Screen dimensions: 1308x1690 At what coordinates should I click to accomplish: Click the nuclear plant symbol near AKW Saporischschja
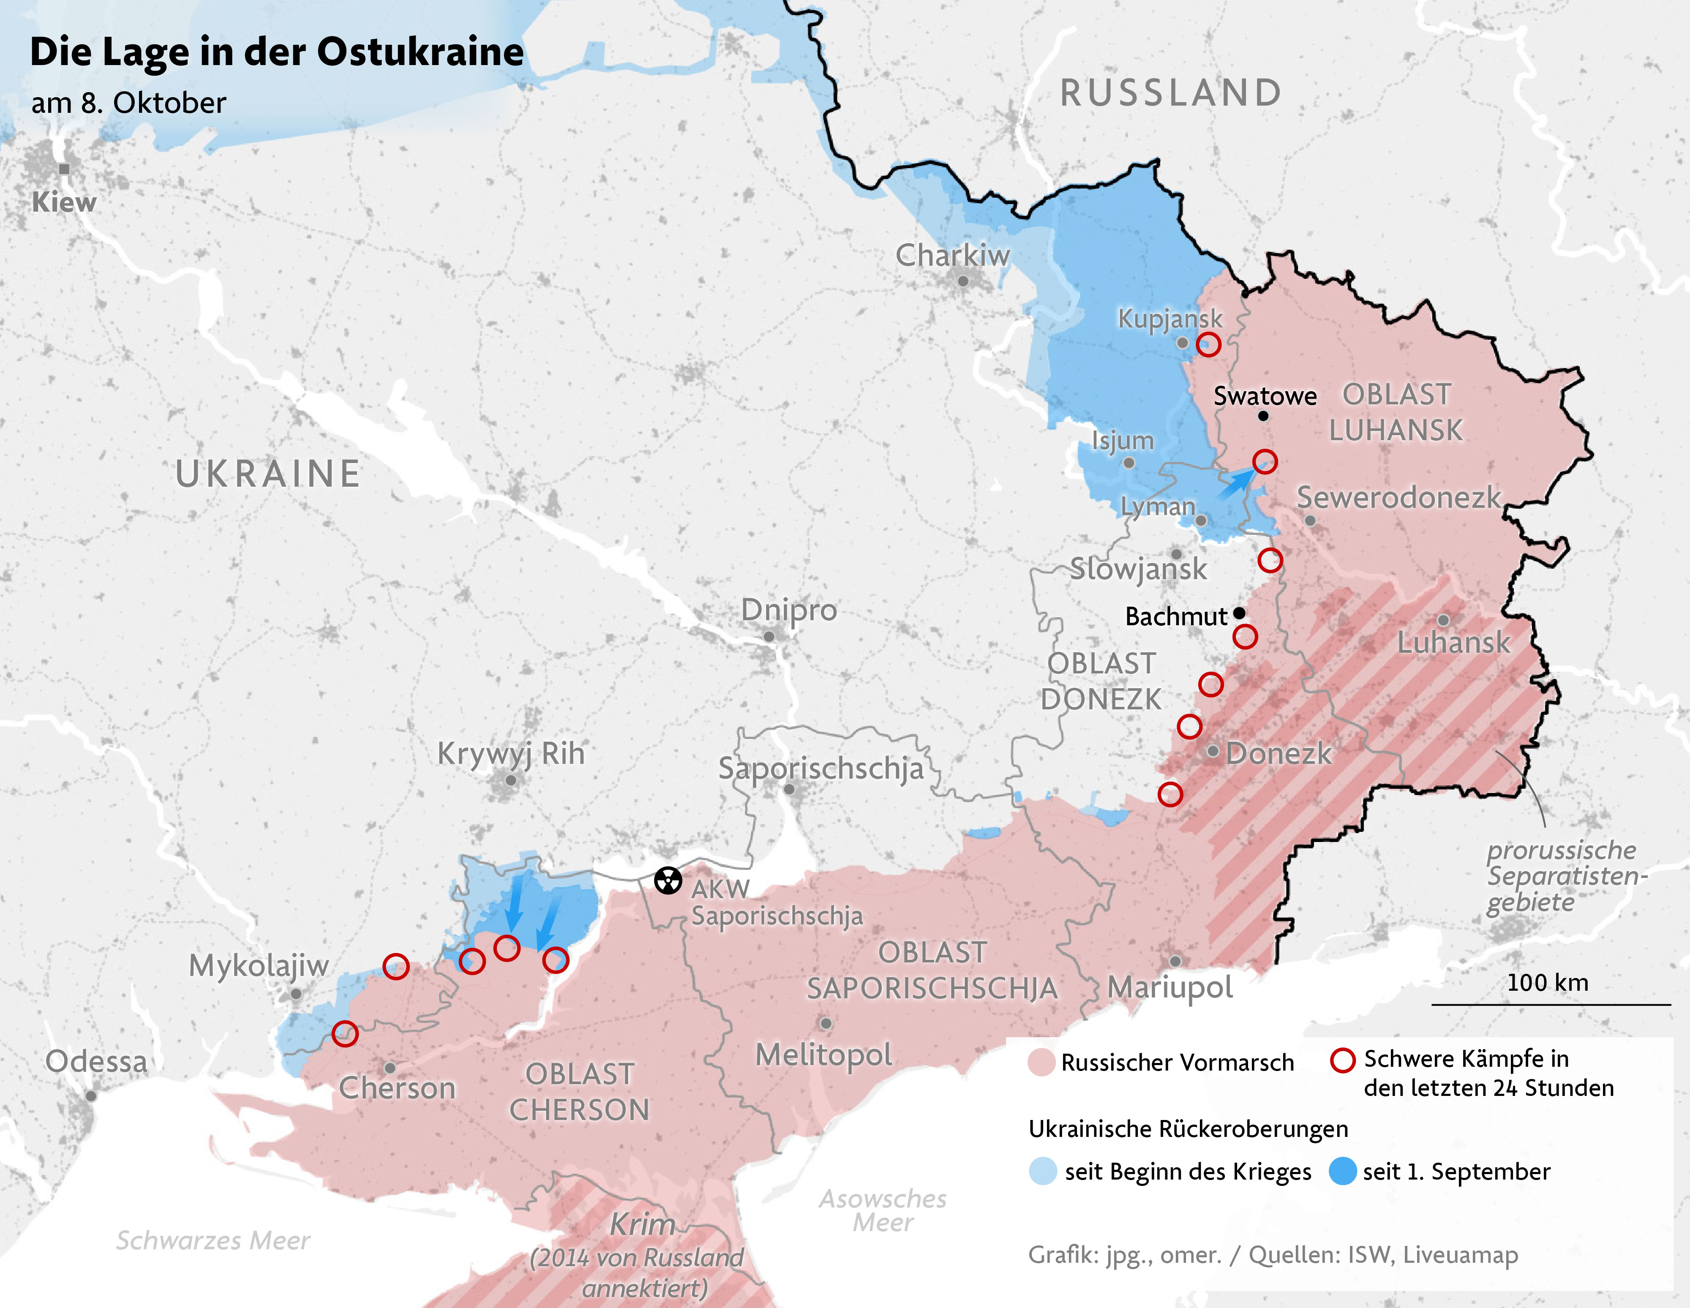tap(668, 880)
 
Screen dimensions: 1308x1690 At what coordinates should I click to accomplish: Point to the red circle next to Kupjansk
tap(1209, 344)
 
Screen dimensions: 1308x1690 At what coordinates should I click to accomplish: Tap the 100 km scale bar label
tap(1548, 983)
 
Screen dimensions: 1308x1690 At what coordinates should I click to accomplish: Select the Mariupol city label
tap(1170, 988)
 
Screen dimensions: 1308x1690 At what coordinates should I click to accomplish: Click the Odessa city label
tap(96, 1061)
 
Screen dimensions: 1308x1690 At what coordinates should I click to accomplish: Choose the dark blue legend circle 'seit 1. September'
tap(1343, 1171)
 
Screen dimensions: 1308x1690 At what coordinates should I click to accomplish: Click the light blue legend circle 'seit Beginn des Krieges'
tap(1043, 1171)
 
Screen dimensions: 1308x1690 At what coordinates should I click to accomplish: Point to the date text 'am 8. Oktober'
tap(128, 103)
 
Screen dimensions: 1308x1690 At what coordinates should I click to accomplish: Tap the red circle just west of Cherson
tap(345, 1033)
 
